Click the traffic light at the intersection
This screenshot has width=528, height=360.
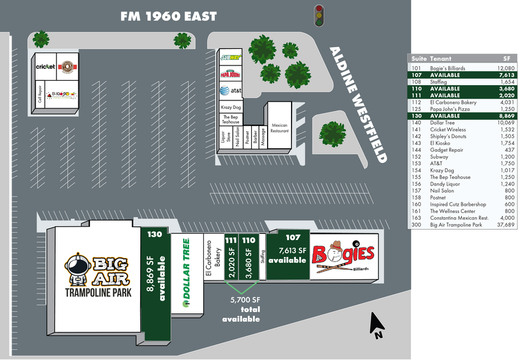(x=319, y=17)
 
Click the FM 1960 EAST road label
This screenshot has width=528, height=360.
(x=168, y=17)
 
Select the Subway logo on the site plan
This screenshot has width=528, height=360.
(x=231, y=58)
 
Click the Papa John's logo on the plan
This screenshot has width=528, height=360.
(x=230, y=73)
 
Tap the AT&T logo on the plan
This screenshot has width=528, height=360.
(x=230, y=91)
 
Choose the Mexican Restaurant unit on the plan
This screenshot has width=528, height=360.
(x=279, y=127)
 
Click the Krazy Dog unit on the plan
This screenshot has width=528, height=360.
(x=230, y=107)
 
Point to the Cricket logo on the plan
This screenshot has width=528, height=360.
(x=45, y=66)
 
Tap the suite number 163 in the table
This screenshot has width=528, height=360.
(x=417, y=218)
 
